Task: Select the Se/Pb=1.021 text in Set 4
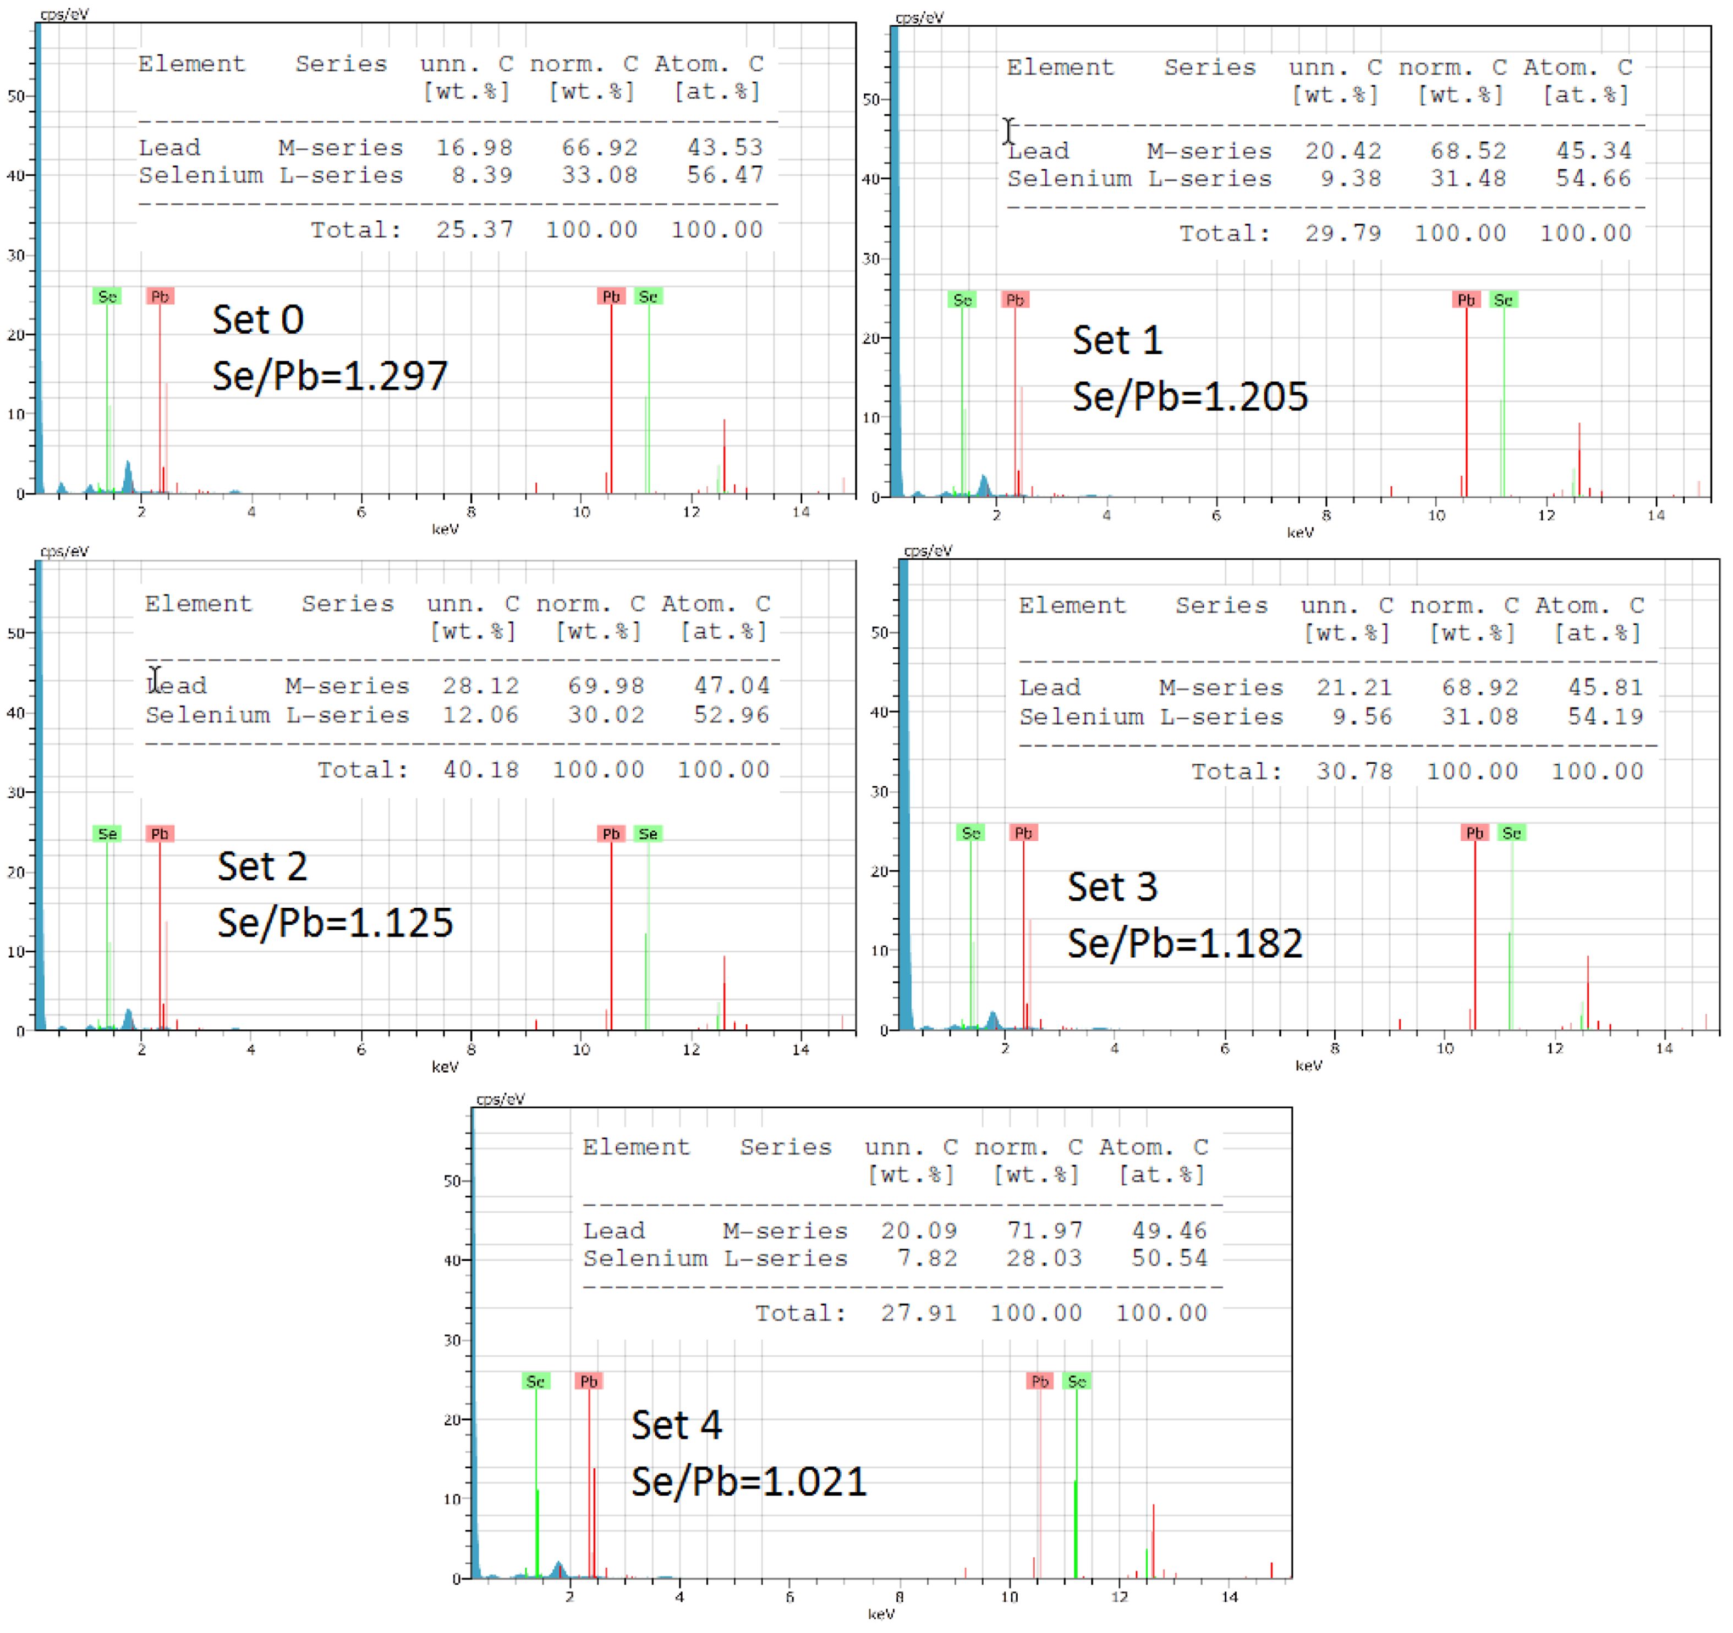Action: coord(749,1481)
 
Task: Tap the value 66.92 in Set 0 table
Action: coord(599,148)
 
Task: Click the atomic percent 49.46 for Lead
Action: coord(1169,1231)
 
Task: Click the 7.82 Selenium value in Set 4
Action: coord(928,1259)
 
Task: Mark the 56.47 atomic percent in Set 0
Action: coord(725,175)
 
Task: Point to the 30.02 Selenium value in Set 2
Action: coord(606,715)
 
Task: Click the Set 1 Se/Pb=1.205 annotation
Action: coord(1190,396)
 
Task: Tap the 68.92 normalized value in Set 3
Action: coord(1479,687)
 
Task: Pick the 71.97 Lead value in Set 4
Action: coord(1044,1231)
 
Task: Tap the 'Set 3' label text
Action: coord(1112,887)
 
